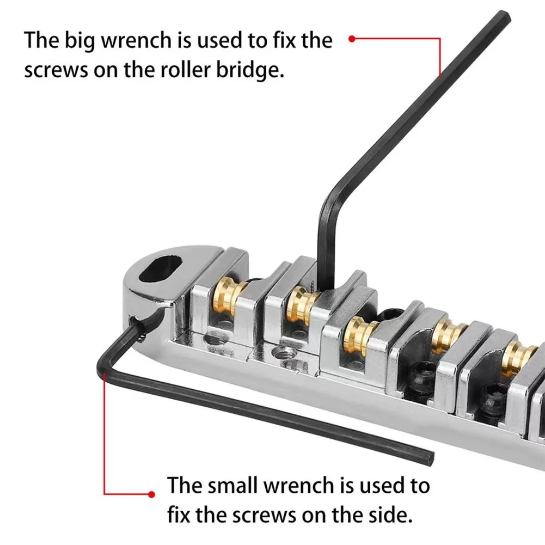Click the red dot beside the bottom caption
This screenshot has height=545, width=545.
tap(152, 494)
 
